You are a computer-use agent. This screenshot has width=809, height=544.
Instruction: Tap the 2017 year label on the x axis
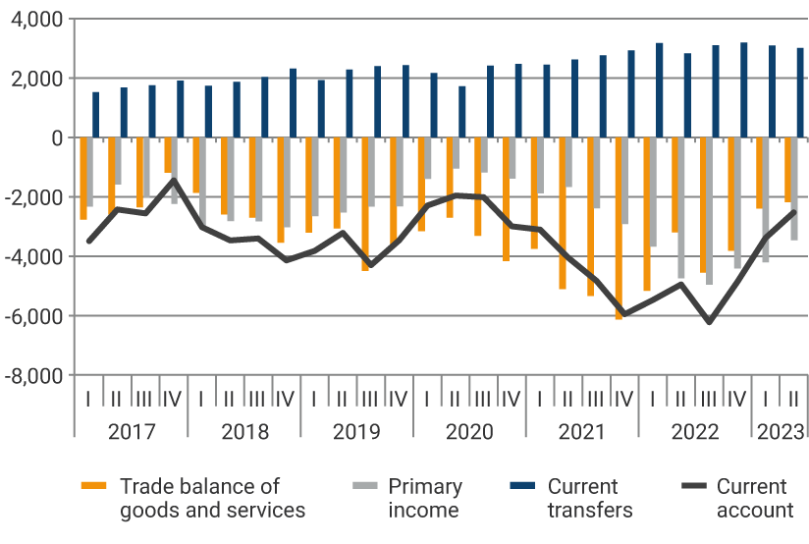click(131, 432)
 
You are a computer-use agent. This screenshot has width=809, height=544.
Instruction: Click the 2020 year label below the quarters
click(469, 432)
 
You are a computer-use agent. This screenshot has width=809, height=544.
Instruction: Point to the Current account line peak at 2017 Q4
click(174, 179)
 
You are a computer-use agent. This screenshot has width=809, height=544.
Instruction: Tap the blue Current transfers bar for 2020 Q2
click(462, 112)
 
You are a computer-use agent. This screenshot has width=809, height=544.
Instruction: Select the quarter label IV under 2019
click(399, 400)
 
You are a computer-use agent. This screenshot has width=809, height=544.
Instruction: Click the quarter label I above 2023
click(766, 400)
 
